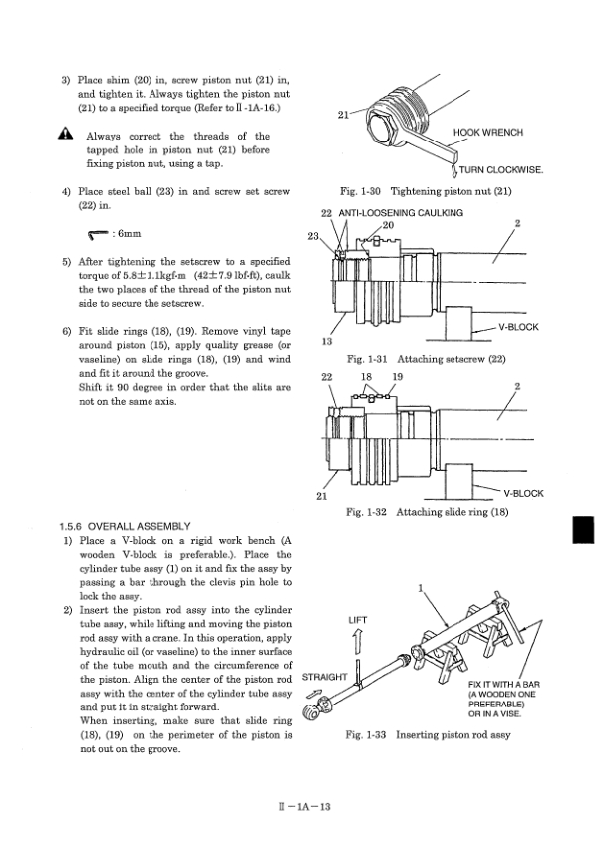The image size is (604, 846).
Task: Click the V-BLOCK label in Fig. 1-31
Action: (x=518, y=326)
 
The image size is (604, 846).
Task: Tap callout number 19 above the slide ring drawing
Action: (x=397, y=376)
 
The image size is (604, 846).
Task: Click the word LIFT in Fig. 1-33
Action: (x=357, y=619)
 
